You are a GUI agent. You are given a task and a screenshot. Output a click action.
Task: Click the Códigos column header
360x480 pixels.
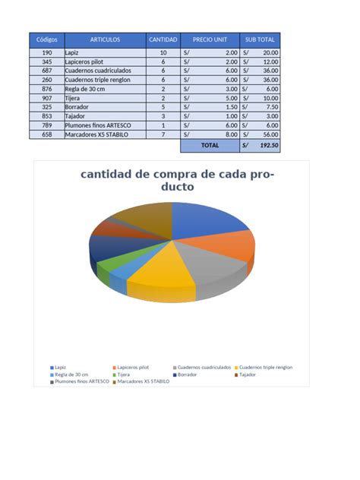point(47,39)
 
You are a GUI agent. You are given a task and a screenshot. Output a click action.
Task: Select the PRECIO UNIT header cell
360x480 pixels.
point(210,39)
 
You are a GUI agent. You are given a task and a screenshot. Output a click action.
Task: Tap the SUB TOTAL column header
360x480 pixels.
point(260,39)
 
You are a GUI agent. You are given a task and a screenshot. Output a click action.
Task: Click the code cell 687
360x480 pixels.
point(47,70)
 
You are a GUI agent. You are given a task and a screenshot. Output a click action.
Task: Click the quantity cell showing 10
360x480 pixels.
point(163,52)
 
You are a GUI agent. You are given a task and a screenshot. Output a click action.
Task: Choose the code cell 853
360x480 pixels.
point(47,116)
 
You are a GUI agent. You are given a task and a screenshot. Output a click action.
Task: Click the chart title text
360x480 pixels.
point(179,180)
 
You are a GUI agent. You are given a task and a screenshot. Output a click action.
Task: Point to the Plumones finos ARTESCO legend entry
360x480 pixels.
point(81,381)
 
